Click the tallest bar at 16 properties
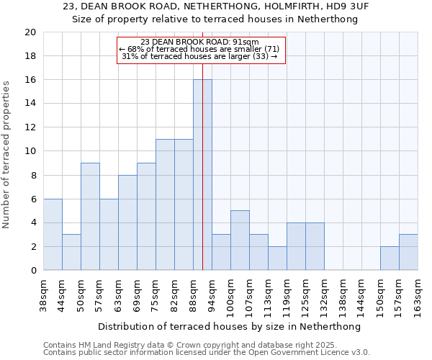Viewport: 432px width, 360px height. (202, 175)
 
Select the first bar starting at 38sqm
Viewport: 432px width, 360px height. (53, 235)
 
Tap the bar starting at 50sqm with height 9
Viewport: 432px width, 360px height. (90, 217)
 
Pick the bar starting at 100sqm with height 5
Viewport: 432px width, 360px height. (240, 240)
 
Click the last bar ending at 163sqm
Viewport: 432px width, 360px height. (408, 252)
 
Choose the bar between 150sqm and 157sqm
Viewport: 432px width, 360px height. (390, 258)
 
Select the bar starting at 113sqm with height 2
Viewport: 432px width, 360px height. (277, 258)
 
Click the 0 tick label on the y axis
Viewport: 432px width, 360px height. (33, 271)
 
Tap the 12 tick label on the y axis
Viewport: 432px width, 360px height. (30, 127)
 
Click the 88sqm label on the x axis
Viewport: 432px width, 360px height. (194, 294)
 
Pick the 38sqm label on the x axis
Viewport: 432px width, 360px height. (44, 294)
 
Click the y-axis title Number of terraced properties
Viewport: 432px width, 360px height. (7, 154)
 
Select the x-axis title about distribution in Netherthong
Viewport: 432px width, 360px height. (229, 326)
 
